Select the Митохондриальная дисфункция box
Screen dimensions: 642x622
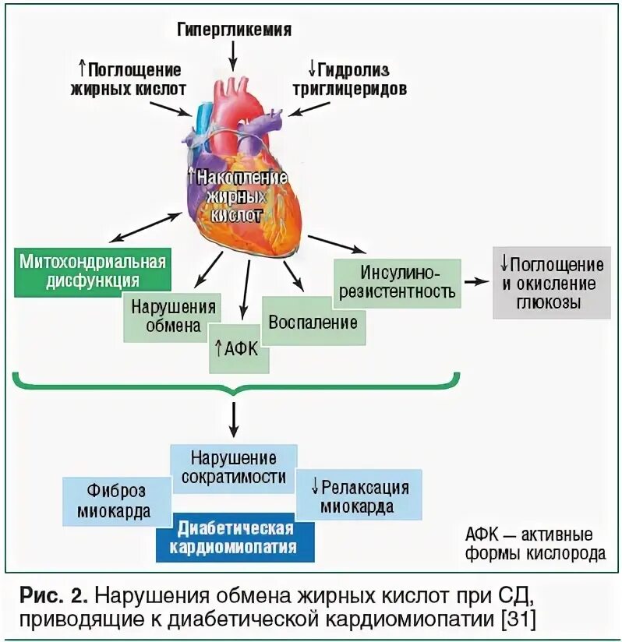(x=92, y=270)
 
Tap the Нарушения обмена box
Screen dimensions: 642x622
(x=173, y=315)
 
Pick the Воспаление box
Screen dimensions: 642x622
(x=313, y=321)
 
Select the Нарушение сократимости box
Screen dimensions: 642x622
(x=234, y=467)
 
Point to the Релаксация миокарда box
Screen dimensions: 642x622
(x=359, y=496)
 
